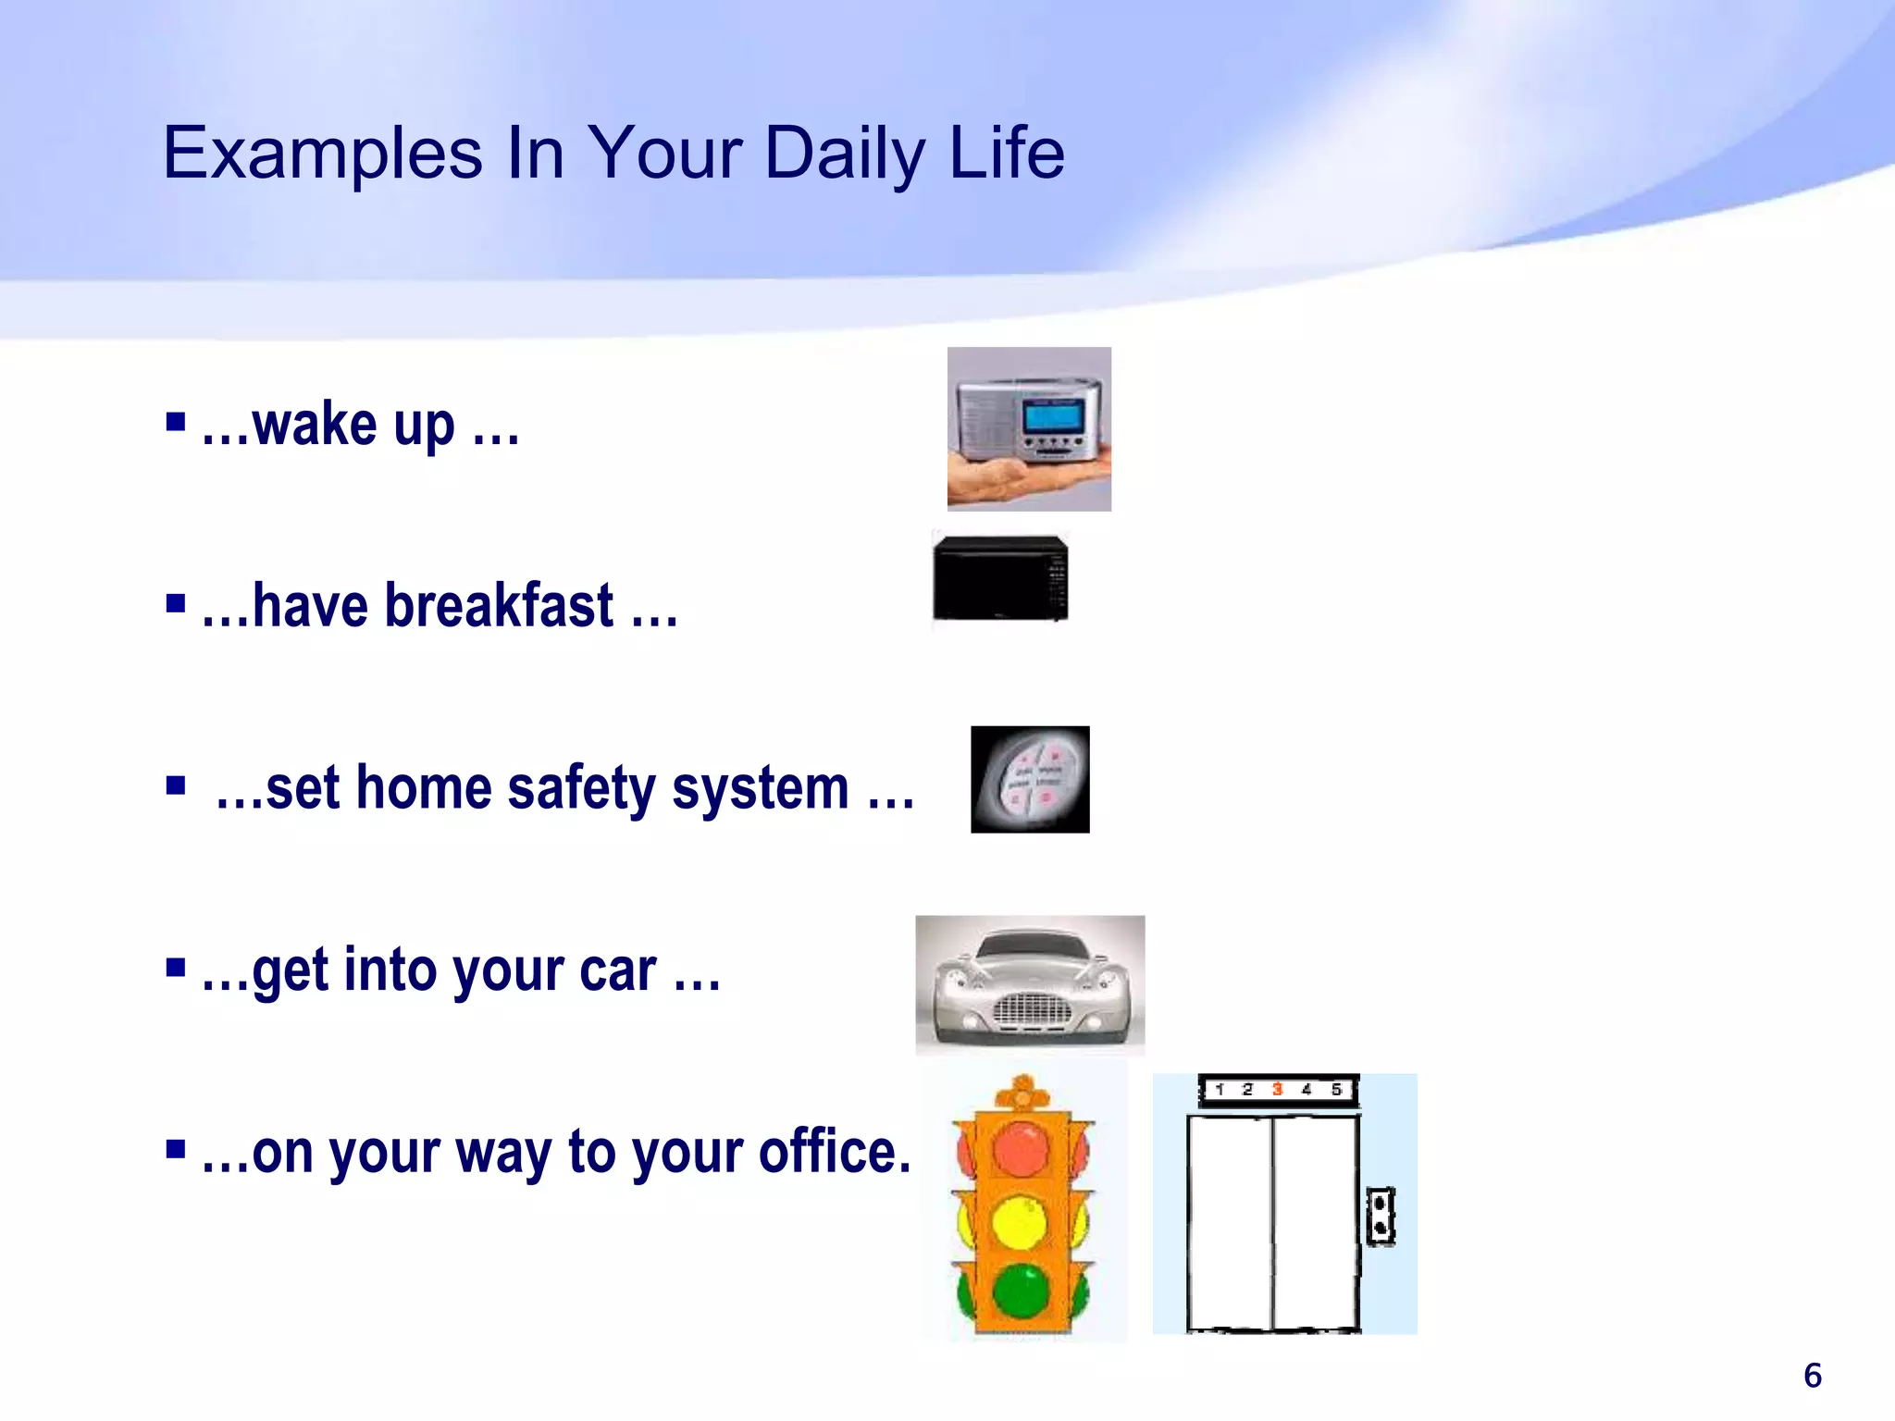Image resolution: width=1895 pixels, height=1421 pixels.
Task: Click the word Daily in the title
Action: click(x=843, y=153)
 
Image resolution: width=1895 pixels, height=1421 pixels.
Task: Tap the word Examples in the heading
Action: click(x=322, y=153)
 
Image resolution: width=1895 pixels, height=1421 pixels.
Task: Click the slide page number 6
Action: click(x=1813, y=1376)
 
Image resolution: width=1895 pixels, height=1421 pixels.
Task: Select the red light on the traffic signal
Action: click(x=1021, y=1150)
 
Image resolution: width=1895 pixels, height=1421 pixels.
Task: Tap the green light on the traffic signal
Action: click(x=1021, y=1290)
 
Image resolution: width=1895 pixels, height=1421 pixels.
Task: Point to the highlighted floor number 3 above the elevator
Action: click(x=1277, y=1089)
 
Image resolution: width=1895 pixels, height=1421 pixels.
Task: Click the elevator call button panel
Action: click(x=1381, y=1216)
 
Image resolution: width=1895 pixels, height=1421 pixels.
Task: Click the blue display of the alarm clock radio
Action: click(x=1053, y=417)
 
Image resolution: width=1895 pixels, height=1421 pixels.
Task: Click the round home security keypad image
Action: click(x=1030, y=780)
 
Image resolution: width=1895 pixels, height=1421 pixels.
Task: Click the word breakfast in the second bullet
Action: click(x=499, y=606)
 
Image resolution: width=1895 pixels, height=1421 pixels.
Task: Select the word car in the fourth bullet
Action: click(x=618, y=970)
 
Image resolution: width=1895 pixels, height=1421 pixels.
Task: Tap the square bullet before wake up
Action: click(x=176, y=423)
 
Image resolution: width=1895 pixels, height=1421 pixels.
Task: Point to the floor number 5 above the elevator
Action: click(x=1336, y=1089)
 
